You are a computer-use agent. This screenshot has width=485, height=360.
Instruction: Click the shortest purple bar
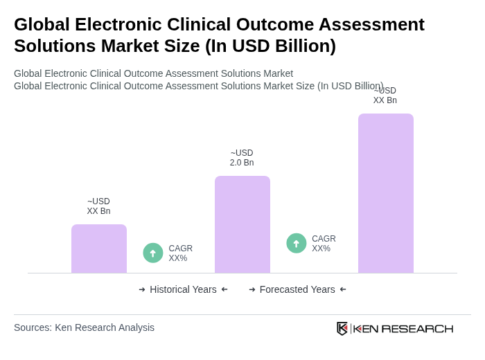tap(99, 249)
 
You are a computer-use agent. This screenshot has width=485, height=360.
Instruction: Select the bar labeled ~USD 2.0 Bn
tap(242, 224)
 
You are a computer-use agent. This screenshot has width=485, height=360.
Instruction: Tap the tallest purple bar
tap(386, 193)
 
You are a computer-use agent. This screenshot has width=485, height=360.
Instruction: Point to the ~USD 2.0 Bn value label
tap(242, 158)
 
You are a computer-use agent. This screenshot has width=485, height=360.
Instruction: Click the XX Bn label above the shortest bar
tap(98, 206)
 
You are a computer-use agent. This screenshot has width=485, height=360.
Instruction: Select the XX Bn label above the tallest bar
tap(385, 96)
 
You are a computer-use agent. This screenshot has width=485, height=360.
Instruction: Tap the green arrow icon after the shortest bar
tap(153, 253)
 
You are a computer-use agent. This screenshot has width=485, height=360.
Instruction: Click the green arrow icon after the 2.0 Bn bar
tap(297, 243)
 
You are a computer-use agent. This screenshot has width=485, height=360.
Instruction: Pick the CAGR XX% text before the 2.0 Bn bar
tap(181, 253)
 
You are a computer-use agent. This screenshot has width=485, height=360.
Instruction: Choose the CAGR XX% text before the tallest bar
tap(324, 244)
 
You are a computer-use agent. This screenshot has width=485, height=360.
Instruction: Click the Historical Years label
tap(183, 289)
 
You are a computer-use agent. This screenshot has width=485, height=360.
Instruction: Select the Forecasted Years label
tap(297, 289)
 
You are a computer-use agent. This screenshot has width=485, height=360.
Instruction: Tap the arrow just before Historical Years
tap(142, 289)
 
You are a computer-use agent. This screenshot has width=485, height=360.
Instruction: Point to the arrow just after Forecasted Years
tap(343, 289)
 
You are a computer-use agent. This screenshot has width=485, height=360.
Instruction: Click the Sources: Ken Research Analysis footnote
tap(84, 327)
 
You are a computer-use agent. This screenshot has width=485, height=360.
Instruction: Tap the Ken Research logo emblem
tap(342, 328)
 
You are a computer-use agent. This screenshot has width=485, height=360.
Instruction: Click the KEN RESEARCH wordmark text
tap(403, 329)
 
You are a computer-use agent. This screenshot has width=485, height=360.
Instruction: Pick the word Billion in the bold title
tap(301, 46)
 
